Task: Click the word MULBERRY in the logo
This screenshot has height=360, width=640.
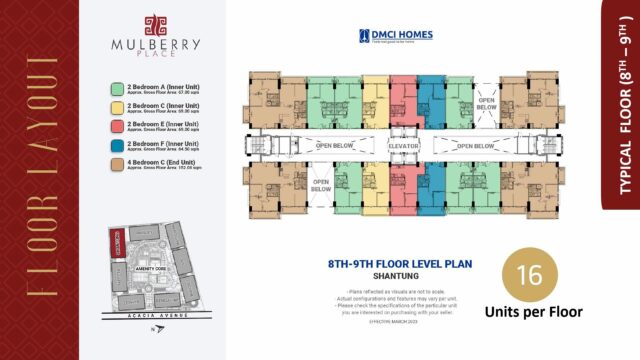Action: [156, 44]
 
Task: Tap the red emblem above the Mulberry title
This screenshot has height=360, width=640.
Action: [156, 23]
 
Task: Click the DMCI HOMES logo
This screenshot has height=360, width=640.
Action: [404, 36]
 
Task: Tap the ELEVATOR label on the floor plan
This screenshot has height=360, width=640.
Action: [403, 146]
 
